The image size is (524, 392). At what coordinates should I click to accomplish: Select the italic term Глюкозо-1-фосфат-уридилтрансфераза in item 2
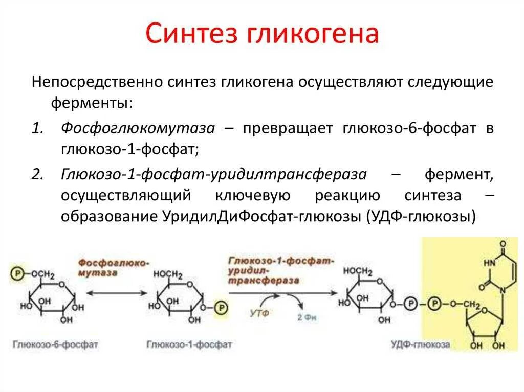click(x=214, y=175)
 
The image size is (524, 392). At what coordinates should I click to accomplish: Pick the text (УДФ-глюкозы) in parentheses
click(x=421, y=216)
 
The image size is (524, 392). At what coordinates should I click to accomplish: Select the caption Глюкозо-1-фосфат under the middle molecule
click(x=189, y=344)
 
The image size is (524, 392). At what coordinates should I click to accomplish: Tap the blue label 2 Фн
click(x=307, y=317)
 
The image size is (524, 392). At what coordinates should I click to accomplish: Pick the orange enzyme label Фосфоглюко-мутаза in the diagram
click(x=113, y=268)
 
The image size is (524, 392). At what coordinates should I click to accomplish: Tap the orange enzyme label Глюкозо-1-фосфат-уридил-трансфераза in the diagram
click(x=281, y=270)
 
